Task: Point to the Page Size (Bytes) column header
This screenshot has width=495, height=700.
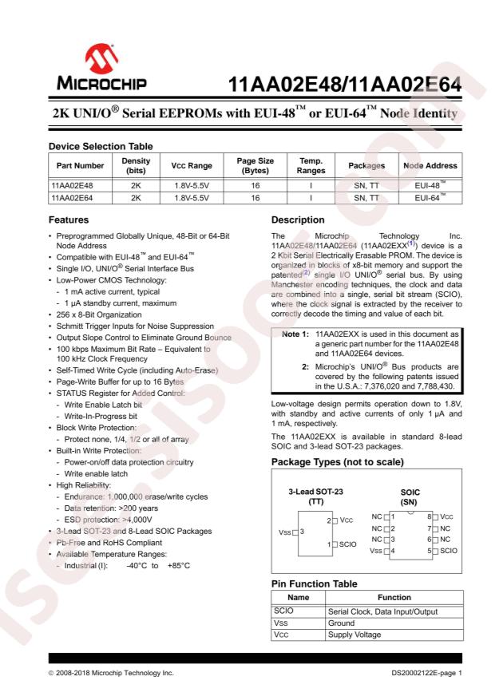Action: (x=255, y=165)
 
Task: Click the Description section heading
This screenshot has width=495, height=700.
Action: (x=302, y=219)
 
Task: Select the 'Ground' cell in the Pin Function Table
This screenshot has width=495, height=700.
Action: (x=344, y=623)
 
